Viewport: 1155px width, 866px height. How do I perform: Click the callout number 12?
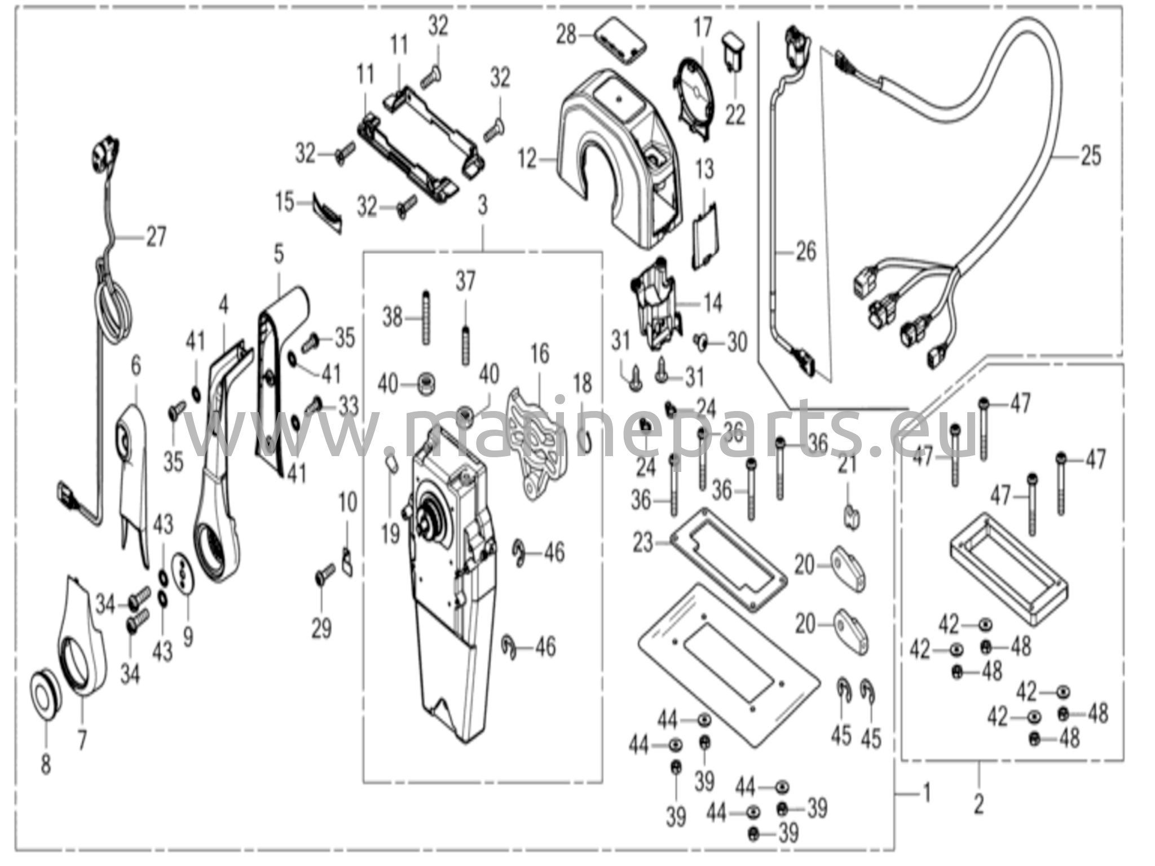[x=528, y=160]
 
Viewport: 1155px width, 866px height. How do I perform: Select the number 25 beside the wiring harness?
[x=1091, y=155]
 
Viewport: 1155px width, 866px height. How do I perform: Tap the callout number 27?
[x=156, y=236]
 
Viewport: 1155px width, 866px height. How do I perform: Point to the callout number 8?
[x=46, y=765]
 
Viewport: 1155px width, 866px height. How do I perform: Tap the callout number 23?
[x=643, y=542]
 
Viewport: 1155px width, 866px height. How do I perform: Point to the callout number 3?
[x=482, y=206]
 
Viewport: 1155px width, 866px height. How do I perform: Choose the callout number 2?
[x=978, y=803]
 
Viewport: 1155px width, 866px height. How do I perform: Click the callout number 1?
[x=925, y=794]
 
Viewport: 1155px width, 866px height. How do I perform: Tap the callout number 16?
[x=540, y=354]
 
